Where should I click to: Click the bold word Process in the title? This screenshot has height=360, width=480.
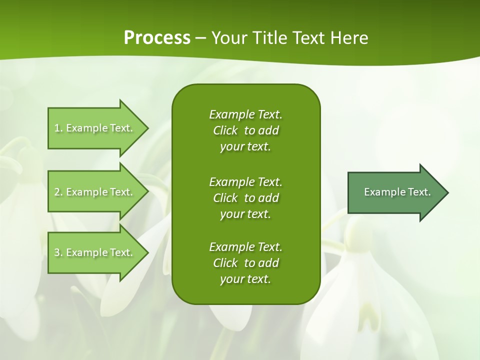[157, 38]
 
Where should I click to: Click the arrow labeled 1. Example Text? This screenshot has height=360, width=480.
[95, 128]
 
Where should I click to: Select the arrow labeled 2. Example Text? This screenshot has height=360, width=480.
[95, 192]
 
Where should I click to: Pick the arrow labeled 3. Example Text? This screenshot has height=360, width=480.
[95, 252]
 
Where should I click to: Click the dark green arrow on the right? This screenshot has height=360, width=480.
[395, 192]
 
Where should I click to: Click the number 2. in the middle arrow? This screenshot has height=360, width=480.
[58, 192]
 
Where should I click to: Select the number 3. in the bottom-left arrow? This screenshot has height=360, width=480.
[58, 252]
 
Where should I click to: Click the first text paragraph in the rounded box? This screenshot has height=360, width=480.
[245, 130]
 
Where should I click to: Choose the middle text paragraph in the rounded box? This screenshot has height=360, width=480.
[245, 197]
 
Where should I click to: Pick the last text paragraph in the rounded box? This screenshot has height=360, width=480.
[245, 263]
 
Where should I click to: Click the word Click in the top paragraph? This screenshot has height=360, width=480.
[225, 130]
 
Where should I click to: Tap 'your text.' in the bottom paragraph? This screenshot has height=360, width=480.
[245, 279]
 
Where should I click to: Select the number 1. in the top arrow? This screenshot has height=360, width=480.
[58, 128]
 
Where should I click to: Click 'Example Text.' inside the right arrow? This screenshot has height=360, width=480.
[397, 192]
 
